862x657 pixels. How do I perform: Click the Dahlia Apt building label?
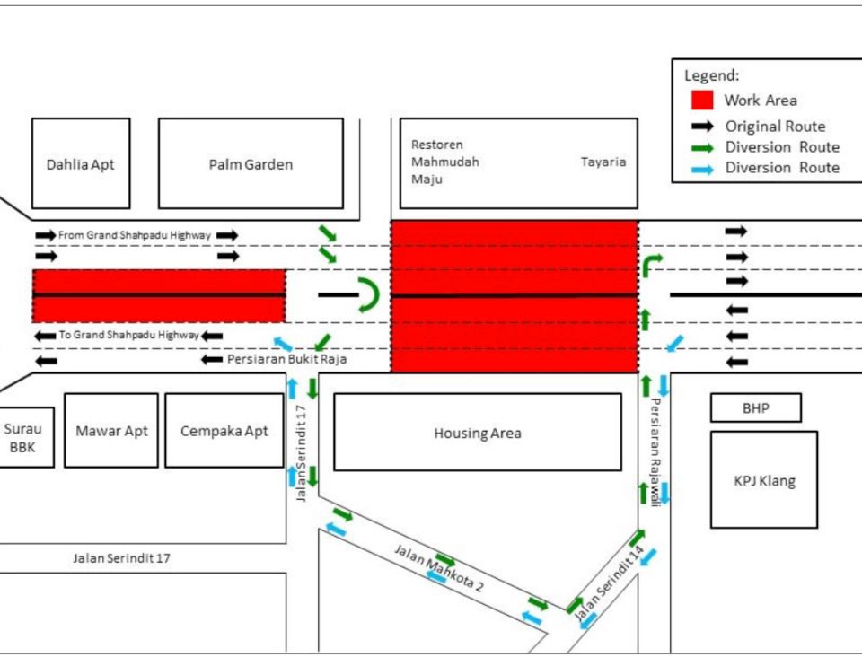click(80, 165)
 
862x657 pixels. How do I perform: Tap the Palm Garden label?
click(251, 165)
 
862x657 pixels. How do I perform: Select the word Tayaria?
click(603, 162)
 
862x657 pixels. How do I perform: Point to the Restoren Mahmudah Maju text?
click(445, 162)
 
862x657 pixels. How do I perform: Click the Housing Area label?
click(477, 434)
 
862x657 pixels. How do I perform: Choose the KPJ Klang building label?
click(765, 481)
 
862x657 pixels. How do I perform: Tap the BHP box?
click(756, 408)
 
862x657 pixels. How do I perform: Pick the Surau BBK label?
click(22, 438)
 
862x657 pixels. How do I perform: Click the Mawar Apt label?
click(111, 431)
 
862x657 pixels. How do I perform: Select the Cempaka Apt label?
click(224, 431)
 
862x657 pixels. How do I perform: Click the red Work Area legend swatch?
click(702, 100)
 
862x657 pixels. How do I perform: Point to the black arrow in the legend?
click(702, 127)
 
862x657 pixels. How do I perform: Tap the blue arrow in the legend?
click(702, 170)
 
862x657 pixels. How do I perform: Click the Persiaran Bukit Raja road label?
click(287, 359)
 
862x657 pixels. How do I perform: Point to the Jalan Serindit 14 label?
click(609, 583)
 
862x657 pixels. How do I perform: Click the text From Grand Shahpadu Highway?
click(135, 235)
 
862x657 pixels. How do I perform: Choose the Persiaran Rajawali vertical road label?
click(655, 452)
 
